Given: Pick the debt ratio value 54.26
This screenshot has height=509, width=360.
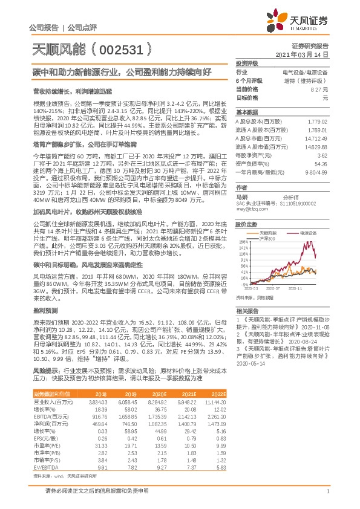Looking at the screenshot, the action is [x=321, y=164].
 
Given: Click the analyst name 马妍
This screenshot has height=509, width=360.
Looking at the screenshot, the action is [x=241, y=196].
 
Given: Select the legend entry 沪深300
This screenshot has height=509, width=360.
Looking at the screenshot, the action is [x=266, y=238].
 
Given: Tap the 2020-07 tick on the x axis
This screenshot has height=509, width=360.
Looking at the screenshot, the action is [x=274, y=289].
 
